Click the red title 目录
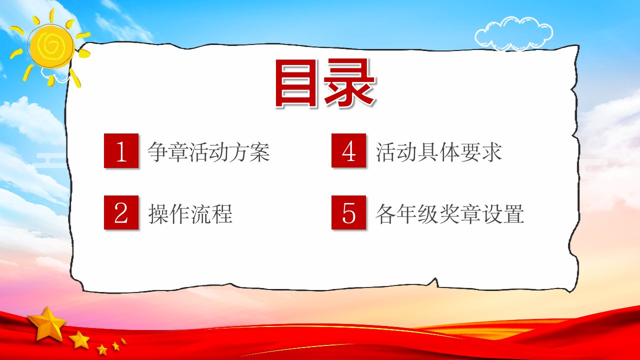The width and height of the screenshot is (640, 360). pyautogui.click(x=325, y=83)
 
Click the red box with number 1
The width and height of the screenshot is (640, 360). pyautogui.click(x=121, y=150)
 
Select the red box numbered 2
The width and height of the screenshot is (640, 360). pyautogui.click(x=121, y=212)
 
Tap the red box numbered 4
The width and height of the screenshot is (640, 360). pyautogui.click(x=348, y=150)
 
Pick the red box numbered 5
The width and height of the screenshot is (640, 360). pyautogui.click(x=348, y=212)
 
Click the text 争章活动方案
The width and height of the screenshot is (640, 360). pyautogui.click(x=208, y=152)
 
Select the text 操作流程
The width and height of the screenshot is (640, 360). pyautogui.click(x=190, y=214)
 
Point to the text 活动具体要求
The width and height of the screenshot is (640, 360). pyautogui.click(x=438, y=152)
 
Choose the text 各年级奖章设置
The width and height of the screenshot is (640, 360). pyautogui.click(x=449, y=214)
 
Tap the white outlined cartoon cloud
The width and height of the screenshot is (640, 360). pyautogui.click(x=513, y=33)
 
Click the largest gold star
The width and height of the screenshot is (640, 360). pyautogui.click(x=47, y=323)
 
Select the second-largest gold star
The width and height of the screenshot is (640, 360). pyautogui.click(x=79, y=339)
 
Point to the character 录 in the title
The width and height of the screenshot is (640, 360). pyautogui.click(x=349, y=83)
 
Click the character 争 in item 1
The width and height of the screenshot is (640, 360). pyautogui.click(x=157, y=152)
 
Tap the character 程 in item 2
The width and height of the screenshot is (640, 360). pyautogui.click(x=221, y=214)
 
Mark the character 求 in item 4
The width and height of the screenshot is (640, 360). pyautogui.click(x=491, y=152)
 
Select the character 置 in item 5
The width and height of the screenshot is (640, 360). pyautogui.click(x=513, y=214)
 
